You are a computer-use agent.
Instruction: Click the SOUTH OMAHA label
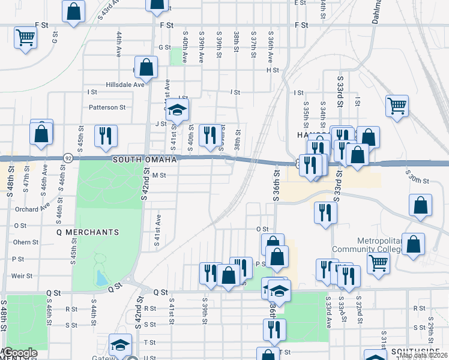click(x=144, y=160)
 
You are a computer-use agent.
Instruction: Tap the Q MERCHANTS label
click(x=88, y=232)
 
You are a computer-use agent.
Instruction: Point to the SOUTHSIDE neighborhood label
click(x=415, y=350)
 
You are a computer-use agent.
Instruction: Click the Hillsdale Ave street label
click(x=126, y=85)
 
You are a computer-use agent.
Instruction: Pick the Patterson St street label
click(x=107, y=108)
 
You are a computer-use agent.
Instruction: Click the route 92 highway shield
click(x=68, y=158)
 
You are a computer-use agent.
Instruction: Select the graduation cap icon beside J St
click(x=177, y=110)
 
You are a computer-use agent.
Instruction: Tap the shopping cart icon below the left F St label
click(x=26, y=38)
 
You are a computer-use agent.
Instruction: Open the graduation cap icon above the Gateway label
click(x=120, y=345)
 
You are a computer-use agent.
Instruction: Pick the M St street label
click(x=158, y=175)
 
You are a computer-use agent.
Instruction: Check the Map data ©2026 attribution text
click(x=423, y=356)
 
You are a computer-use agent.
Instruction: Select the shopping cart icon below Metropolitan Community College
click(x=378, y=262)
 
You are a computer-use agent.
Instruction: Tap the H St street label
click(x=273, y=70)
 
